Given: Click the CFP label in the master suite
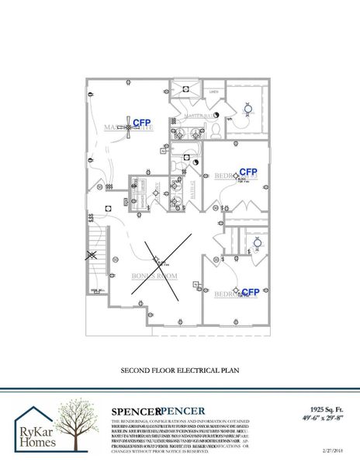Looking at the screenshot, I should click(141, 123).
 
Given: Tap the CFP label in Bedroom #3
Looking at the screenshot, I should click(247, 172).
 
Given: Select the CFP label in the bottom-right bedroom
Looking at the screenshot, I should click(250, 292).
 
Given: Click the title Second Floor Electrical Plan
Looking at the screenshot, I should click(179, 372).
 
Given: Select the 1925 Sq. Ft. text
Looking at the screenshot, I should click(323, 407).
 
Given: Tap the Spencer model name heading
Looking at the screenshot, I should click(158, 411).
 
